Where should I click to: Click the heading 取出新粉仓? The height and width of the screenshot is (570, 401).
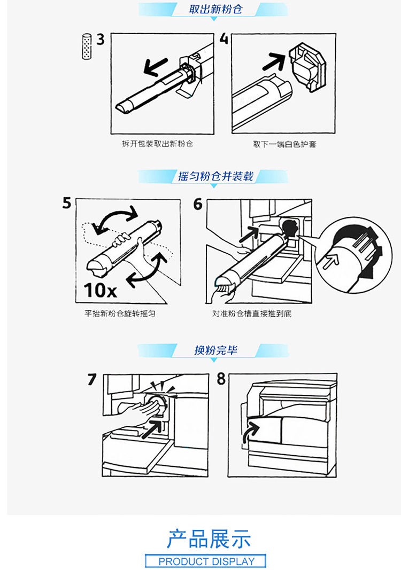point(215,9)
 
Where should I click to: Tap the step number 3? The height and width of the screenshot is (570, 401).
point(101,39)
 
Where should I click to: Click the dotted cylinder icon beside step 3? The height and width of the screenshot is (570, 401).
point(87,46)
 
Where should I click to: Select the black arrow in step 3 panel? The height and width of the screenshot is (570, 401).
point(156,67)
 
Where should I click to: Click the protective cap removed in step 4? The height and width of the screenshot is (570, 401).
point(308,67)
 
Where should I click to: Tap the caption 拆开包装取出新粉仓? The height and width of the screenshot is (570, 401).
point(157,144)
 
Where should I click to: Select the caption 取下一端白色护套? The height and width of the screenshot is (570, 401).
point(284,144)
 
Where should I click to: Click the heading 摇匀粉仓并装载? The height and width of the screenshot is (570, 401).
point(215,176)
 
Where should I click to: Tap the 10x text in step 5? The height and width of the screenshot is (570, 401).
point(101,290)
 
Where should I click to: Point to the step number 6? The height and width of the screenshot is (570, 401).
point(198,204)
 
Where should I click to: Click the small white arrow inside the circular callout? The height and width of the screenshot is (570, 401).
point(331,261)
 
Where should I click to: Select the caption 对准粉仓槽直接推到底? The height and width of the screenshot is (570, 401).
point(252,314)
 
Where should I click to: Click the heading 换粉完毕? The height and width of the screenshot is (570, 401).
point(215,350)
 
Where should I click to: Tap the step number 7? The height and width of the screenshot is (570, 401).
point(92,379)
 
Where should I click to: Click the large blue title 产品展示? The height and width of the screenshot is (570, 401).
point(209,538)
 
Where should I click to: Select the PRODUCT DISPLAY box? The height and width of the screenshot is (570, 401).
point(206,561)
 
